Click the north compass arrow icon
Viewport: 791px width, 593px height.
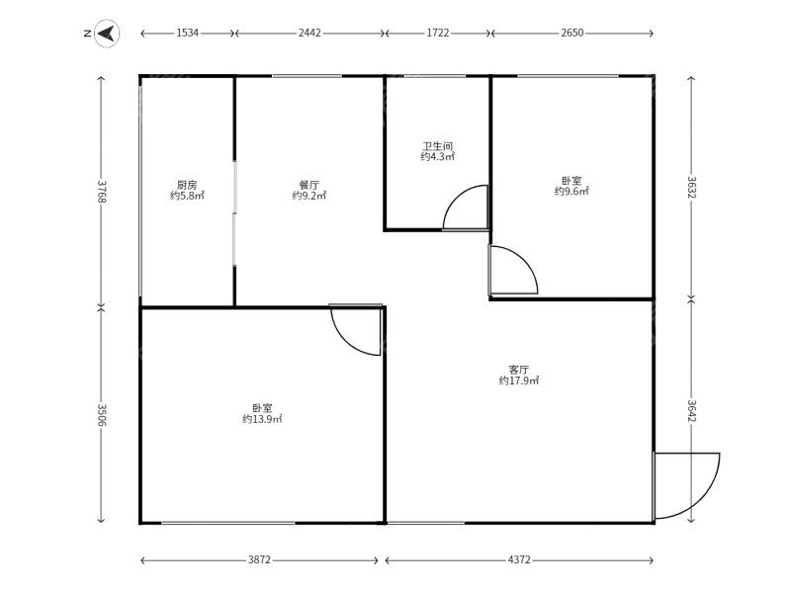click(107, 34)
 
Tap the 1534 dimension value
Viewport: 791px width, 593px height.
click(187, 33)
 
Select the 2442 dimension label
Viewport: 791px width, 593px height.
click(309, 33)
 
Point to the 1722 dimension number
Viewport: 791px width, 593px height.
click(437, 33)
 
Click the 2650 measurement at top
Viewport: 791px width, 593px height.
click(572, 33)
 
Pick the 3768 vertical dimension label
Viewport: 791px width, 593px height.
click(102, 191)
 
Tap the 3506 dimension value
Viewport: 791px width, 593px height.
click(102, 414)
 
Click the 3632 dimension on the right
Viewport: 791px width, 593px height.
click(691, 187)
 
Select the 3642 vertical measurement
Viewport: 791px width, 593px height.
click(691, 410)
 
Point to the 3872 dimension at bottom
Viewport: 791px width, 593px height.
click(259, 559)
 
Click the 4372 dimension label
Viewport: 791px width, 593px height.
click(519, 559)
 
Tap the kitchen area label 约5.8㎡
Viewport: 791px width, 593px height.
click(187, 196)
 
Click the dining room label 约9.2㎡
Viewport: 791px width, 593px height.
click(309, 196)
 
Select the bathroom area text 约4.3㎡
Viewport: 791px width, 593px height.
click(438, 157)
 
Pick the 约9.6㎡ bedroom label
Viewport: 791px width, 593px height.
click(572, 191)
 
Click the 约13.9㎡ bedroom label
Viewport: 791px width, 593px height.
click(262, 419)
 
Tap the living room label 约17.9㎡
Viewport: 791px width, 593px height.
click(519, 381)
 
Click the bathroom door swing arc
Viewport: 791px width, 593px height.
click(457, 196)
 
